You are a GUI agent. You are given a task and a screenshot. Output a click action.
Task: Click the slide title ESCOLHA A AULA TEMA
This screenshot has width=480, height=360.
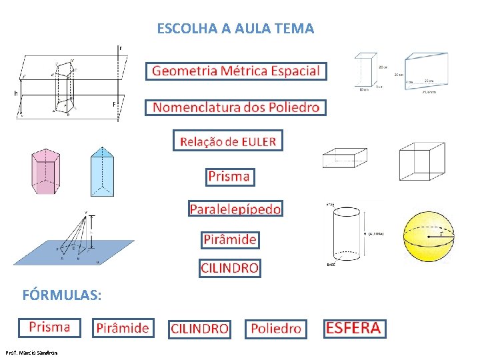click(x=235, y=29)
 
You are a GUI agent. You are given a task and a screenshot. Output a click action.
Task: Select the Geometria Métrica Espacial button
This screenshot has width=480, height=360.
click(x=236, y=71)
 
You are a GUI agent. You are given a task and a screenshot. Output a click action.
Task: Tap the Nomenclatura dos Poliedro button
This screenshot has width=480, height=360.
click(x=236, y=107)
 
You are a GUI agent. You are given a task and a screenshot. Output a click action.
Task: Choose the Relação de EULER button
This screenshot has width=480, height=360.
click(x=228, y=141)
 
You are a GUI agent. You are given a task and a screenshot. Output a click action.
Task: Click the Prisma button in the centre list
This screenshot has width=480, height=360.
click(x=229, y=177)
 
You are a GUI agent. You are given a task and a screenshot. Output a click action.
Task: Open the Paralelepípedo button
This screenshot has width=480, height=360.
click(x=235, y=209)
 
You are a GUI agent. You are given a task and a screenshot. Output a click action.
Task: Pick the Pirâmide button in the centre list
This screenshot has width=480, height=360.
click(x=229, y=239)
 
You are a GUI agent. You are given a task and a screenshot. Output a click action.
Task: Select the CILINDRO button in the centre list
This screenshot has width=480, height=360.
click(x=229, y=268)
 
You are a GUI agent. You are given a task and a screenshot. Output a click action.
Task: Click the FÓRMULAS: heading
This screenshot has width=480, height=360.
click(x=62, y=294)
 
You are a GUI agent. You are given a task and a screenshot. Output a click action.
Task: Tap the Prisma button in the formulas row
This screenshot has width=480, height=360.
click(x=49, y=327)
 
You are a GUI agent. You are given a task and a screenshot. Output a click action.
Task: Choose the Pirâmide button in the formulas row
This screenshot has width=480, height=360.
click(x=123, y=328)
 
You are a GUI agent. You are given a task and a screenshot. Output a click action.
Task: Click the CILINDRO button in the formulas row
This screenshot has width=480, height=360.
click(x=199, y=329)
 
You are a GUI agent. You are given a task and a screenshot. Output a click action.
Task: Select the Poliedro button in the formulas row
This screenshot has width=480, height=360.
click(x=276, y=329)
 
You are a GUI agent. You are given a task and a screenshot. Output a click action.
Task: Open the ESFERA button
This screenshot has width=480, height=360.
click(x=353, y=328)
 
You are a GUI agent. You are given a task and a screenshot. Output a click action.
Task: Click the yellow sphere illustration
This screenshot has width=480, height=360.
click(x=427, y=237)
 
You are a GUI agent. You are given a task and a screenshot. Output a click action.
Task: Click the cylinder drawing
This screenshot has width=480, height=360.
click(x=346, y=233)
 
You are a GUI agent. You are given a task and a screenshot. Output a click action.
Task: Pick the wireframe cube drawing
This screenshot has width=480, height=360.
click(x=421, y=161)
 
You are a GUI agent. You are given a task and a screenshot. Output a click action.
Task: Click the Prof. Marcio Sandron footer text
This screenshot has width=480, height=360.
click(x=31, y=352)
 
